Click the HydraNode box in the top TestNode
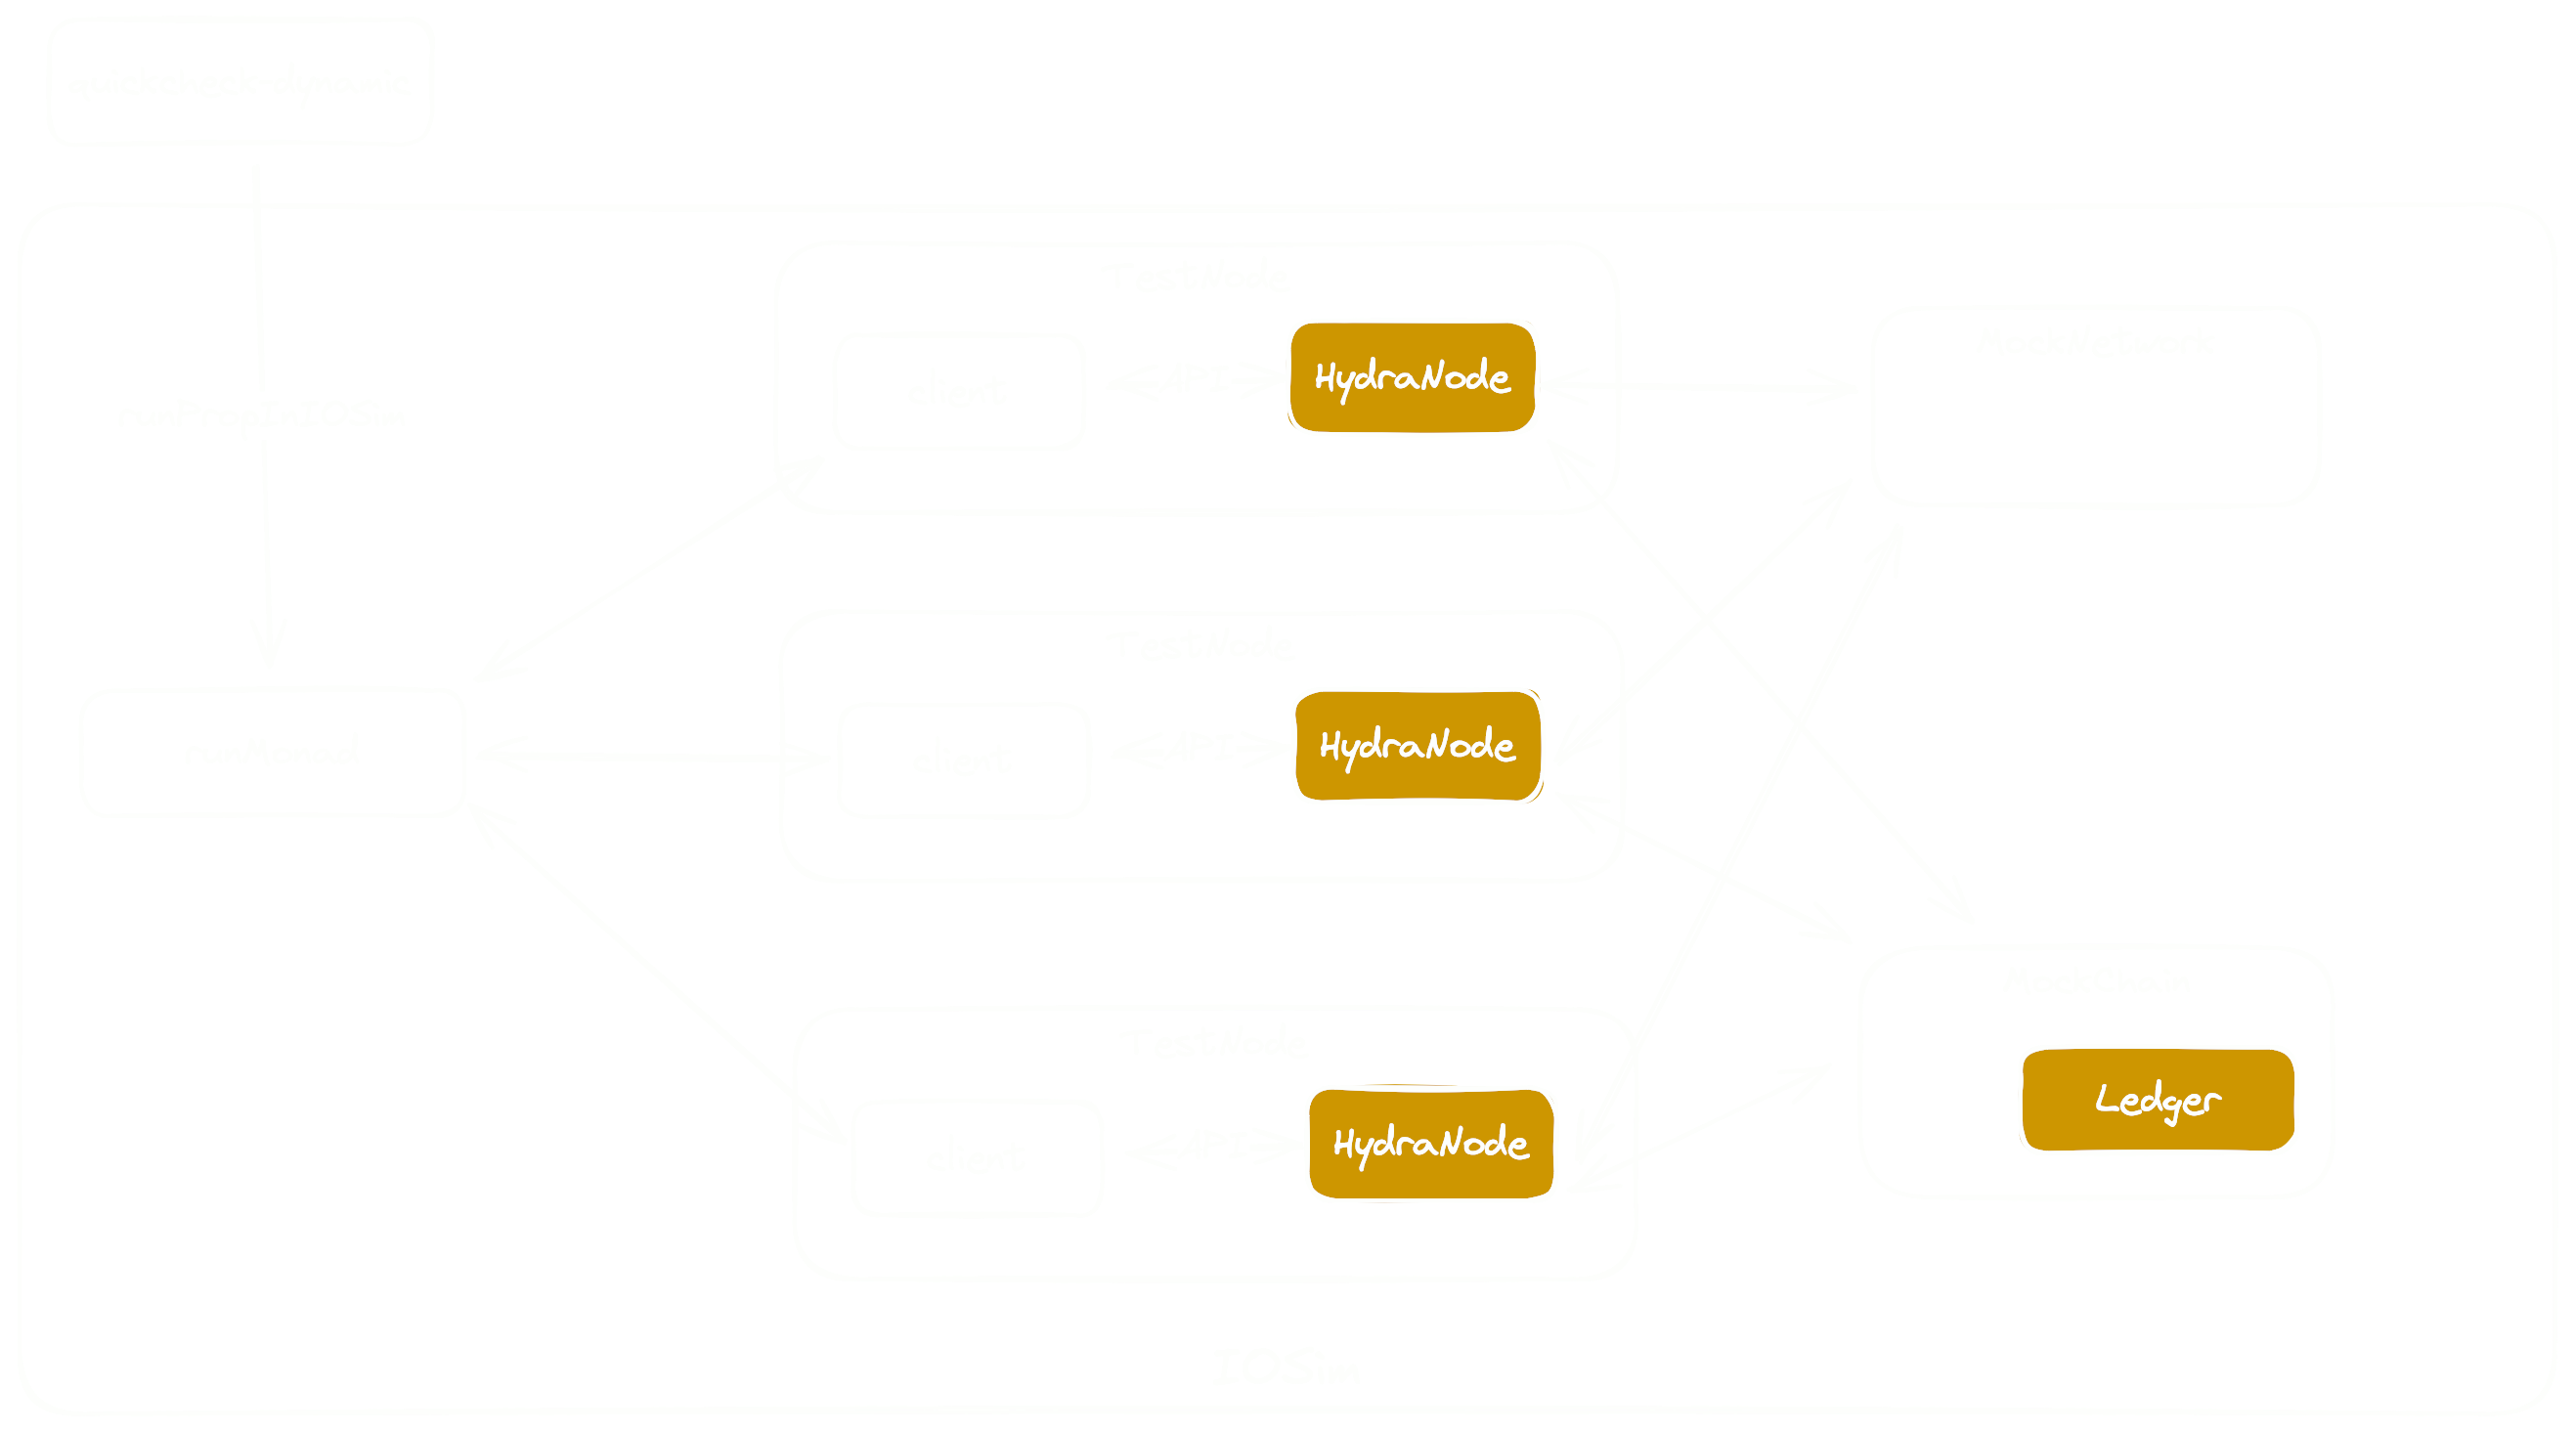point(1412,376)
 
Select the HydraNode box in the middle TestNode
point(1417,746)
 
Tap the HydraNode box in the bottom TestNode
point(1431,1144)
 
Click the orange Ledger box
point(2158,1100)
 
